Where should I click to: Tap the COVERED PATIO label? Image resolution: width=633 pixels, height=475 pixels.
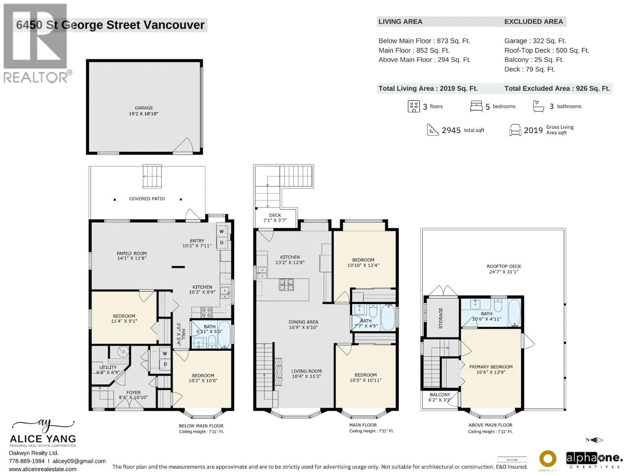(x=147, y=199)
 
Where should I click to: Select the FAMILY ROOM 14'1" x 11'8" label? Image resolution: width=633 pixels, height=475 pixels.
(x=132, y=256)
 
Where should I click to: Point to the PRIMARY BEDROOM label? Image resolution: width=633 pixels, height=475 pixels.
(x=491, y=369)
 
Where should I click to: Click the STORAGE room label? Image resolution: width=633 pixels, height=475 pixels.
(x=441, y=318)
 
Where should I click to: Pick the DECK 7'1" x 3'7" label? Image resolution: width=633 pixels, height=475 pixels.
(x=275, y=218)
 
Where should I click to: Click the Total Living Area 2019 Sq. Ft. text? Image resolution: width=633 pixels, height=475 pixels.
(x=428, y=88)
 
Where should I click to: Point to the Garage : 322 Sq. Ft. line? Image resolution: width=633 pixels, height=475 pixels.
(x=535, y=41)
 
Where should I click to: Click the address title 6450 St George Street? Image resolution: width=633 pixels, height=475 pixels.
(x=110, y=25)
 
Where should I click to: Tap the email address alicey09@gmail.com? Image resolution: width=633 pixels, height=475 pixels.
(x=79, y=461)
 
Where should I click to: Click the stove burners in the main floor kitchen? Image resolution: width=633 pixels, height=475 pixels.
(x=286, y=285)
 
